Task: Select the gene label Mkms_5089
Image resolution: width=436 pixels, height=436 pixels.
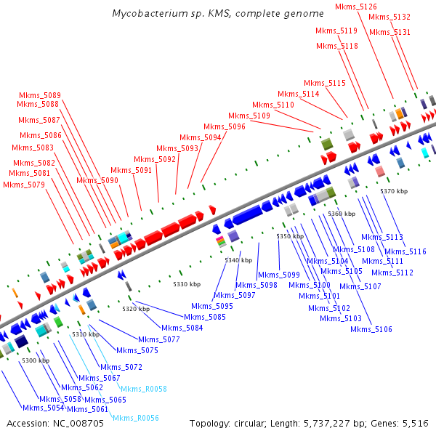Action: [x=40, y=95]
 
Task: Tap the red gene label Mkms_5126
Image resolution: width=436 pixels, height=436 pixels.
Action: [x=356, y=7]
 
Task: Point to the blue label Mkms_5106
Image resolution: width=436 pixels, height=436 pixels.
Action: [x=371, y=329]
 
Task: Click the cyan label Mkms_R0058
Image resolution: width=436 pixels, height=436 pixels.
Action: [x=143, y=389]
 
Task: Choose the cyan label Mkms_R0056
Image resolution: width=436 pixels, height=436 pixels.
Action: [x=135, y=418]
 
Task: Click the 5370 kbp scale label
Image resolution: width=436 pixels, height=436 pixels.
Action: [x=394, y=191]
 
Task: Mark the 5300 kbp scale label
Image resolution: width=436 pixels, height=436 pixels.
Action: [x=36, y=360]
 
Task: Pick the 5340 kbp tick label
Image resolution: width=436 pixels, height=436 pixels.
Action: [x=238, y=260]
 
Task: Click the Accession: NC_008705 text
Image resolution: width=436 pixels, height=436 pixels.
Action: [x=47, y=423]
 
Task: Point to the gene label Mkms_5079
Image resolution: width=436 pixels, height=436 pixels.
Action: [x=24, y=185]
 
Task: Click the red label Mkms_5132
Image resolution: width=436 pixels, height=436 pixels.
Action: [x=389, y=17]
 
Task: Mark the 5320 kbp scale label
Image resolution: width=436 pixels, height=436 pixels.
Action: [x=136, y=310]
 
